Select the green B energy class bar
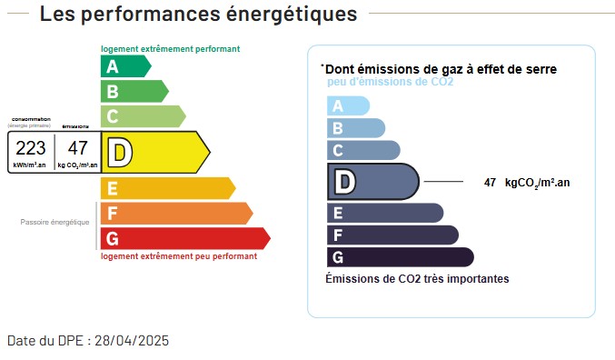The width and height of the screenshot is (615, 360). tap(133, 91)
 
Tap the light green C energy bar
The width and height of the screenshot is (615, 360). tap(142, 115)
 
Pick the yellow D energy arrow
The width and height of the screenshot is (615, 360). tap(154, 152)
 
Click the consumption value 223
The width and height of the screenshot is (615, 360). tap(30, 148)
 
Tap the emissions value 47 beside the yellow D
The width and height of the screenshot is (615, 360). tap(78, 148)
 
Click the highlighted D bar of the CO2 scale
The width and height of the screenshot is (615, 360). tap(372, 182)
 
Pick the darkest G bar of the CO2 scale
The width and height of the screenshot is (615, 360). tap(399, 257)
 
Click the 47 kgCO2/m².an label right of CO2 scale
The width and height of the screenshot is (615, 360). tap(527, 183)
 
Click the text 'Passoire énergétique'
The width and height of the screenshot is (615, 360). tap(55, 222)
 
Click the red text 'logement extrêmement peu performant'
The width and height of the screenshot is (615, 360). tap(178, 256)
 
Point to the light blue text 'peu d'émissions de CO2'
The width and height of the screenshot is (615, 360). tap(390, 82)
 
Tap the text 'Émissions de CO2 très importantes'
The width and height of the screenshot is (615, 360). tap(417, 278)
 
